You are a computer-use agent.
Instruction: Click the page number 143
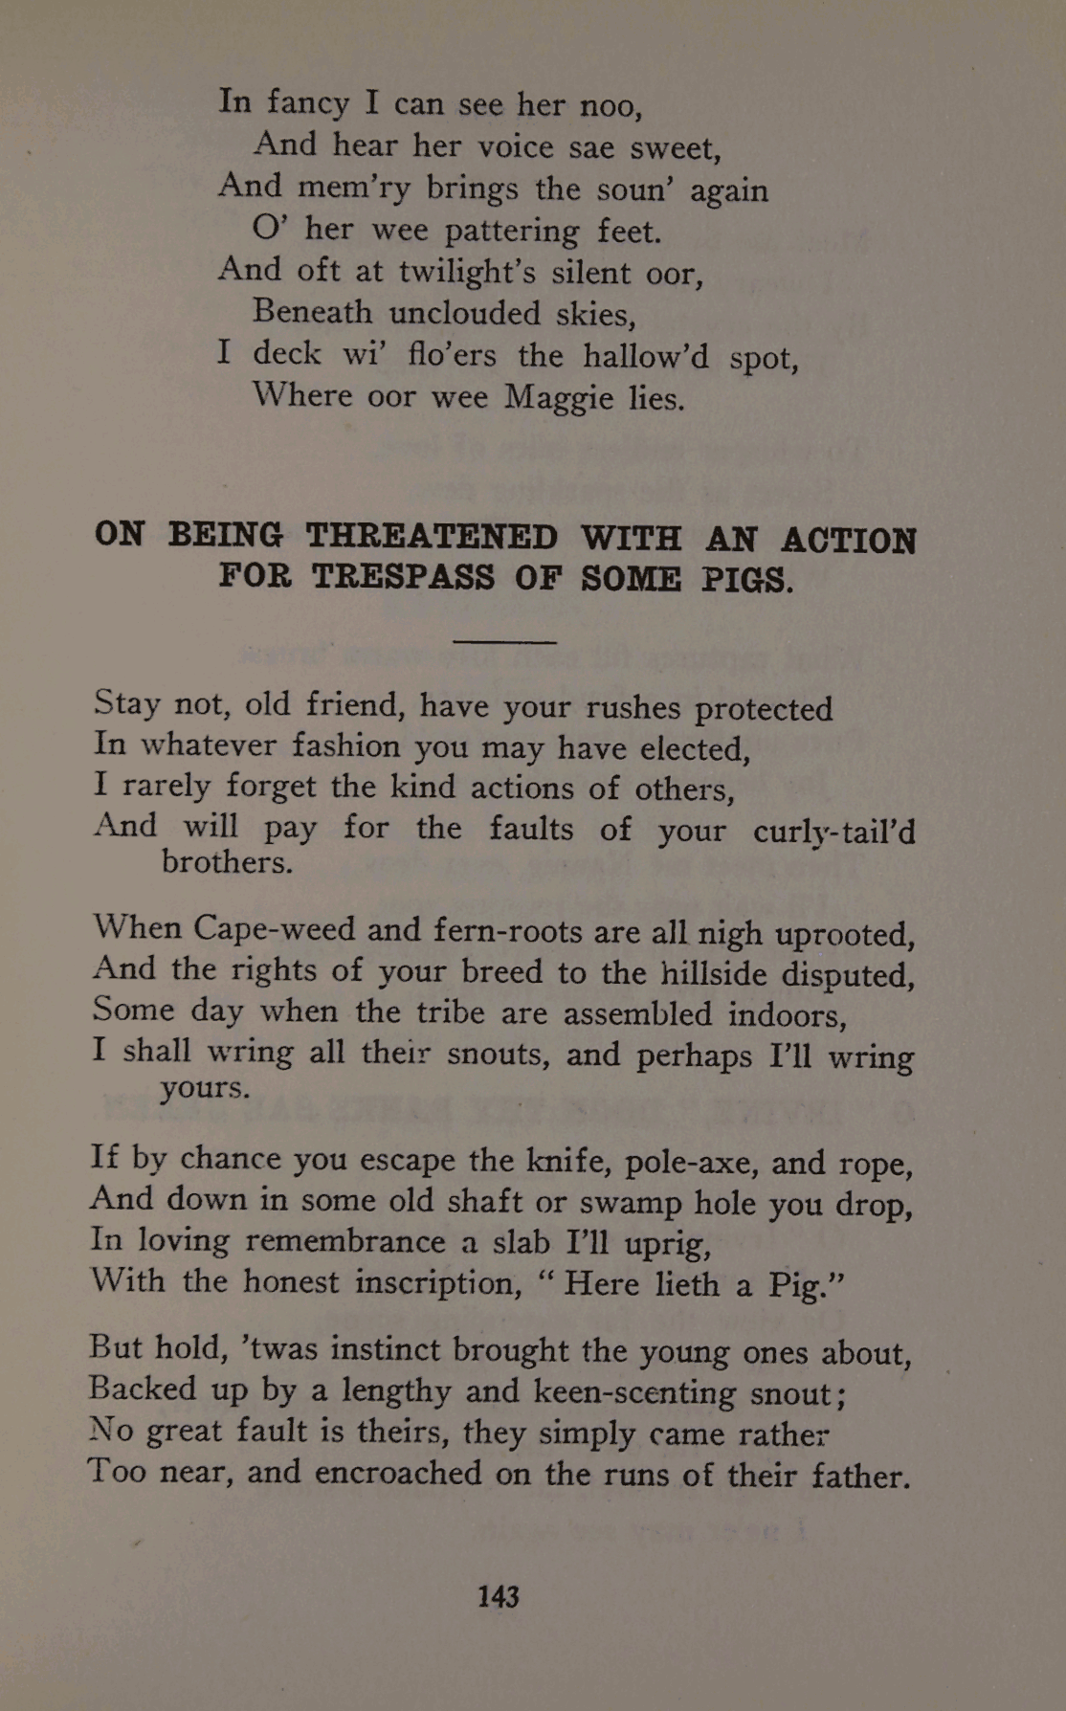(498, 1596)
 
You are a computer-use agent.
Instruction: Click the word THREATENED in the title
(431, 537)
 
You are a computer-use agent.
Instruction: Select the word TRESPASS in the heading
(403, 577)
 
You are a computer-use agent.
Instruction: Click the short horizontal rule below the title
(504, 641)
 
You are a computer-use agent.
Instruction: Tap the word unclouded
(465, 313)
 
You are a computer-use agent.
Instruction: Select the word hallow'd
(646, 356)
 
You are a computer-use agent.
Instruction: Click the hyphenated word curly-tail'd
(833, 831)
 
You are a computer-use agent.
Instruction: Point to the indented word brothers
(227, 862)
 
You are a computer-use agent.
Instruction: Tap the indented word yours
(205, 1088)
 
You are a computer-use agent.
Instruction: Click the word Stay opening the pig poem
(127, 704)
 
